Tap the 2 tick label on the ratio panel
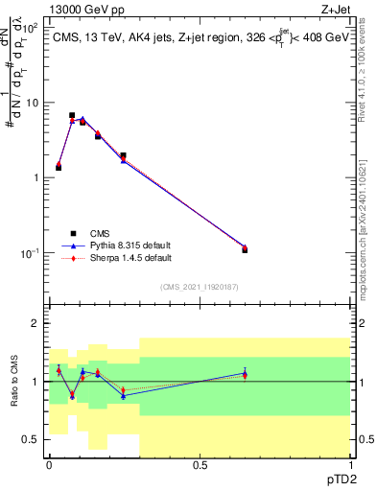click(35, 324)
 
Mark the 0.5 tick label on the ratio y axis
click(31, 439)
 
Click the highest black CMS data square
click(72, 115)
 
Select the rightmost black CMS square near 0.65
click(245, 249)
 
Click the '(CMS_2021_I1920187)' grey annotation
click(200, 286)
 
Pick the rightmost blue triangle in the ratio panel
click(245, 373)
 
